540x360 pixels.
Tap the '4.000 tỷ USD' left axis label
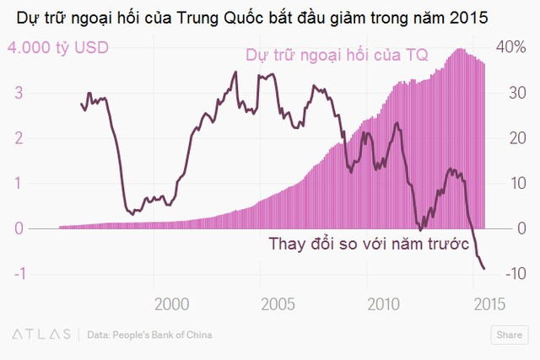pyautogui.click(x=58, y=48)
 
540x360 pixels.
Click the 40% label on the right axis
pyautogui.click(x=510, y=48)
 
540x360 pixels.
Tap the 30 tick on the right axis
pyautogui.click(x=510, y=93)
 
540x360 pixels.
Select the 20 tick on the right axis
pyautogui.click(x=510, y=138)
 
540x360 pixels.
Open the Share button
pyautogui.click(x=509, y=335)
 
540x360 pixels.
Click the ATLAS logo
pyautogui.click(x=40, y=335)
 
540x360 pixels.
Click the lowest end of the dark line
pyautogui.click(x=484, y=269)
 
